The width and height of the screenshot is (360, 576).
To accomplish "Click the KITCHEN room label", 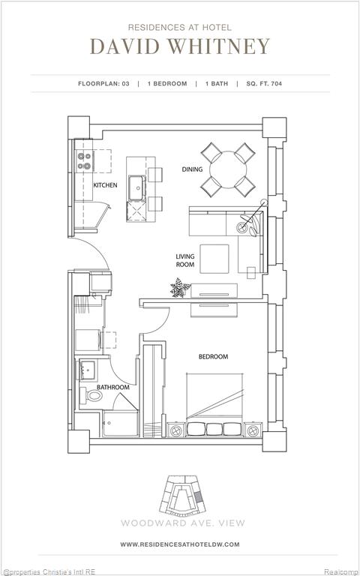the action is coord(105,185).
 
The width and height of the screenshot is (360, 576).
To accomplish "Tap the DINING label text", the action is coord(192,169).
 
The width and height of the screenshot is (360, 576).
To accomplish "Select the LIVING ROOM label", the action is coord(185,260).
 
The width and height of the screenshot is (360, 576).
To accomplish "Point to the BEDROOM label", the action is coord(213,356).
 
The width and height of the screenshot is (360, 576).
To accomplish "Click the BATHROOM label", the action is coord(112,387).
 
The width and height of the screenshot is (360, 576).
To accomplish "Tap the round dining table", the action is coord(228,169).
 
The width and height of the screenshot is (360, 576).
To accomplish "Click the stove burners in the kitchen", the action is coord(85,161).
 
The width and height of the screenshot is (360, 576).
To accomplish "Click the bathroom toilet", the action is coord(91,395).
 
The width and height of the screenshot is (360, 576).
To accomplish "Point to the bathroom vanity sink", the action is coord(88,370).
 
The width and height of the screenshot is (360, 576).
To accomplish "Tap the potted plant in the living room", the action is coord(180,287).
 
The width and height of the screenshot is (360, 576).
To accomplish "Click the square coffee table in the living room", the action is coord(214,259).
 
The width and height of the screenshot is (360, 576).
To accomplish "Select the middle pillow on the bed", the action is coord(214,429).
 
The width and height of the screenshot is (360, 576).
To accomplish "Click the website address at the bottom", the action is coord(180,544).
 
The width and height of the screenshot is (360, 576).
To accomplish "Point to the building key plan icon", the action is coord(182,495).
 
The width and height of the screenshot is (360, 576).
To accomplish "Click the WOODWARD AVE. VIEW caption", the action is coord(183,523).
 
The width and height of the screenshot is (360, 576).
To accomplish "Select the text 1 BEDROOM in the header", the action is coord(167,84).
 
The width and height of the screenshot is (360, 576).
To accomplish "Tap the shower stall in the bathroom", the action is coord(121,424).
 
